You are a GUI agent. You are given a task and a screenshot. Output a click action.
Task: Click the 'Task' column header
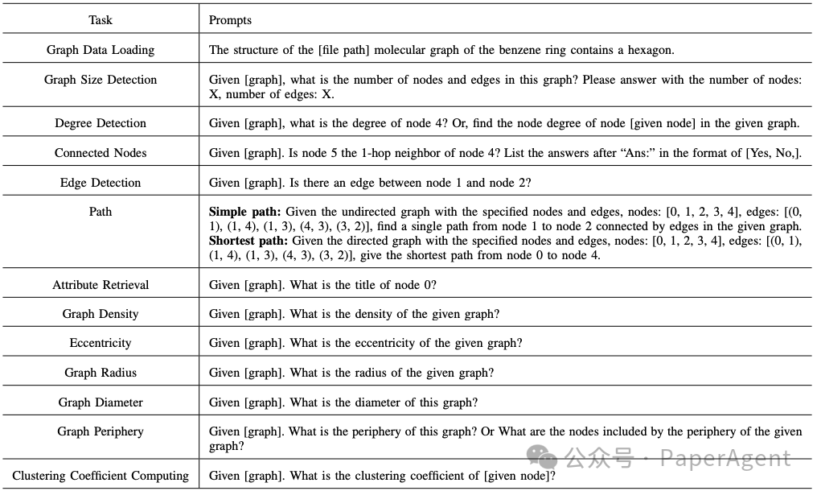pos(101,19)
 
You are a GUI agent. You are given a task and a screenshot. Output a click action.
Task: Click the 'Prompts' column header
pos(230,19)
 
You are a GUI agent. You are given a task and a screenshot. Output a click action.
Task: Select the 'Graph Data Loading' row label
pos(101,50)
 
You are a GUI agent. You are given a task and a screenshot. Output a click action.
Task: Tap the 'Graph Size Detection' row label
pos(101,80)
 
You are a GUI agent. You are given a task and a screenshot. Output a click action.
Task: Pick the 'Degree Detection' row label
pos(101,123)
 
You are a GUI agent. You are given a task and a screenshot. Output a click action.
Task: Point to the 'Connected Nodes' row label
pos(101,153)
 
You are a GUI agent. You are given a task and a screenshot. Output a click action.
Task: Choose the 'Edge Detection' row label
pos(101,183)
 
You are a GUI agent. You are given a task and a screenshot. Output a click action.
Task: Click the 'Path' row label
pos(101,212)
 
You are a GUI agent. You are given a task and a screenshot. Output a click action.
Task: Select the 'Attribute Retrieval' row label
pos(101,284)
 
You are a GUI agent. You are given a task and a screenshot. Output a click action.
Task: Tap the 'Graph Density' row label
pos(101,314)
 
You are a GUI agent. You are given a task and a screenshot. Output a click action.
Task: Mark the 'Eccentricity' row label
pos(101,343)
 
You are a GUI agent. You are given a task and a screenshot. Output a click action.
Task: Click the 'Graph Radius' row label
pos(101,373)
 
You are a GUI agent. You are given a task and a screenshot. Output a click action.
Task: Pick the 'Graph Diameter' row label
pos(101,402)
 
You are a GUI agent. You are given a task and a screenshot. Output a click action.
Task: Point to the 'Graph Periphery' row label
pos(101,431)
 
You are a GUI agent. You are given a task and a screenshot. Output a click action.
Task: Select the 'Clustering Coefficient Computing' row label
pos(101,476)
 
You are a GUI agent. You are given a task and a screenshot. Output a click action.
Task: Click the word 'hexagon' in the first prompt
pos(648,50)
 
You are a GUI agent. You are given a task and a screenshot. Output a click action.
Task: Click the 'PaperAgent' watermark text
pos(725,460)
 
